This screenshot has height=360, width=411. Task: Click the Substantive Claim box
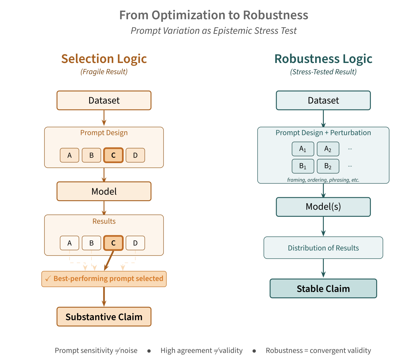coord(104,316)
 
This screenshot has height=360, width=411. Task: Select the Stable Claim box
coord(323,288)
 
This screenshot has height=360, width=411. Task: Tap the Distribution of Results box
coord(323,248)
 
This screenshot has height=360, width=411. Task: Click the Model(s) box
coord(323,207)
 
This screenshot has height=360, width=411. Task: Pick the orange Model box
coord(104,191)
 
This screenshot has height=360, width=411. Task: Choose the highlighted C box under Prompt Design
coord(113,155)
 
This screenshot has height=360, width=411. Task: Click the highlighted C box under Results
coord(113,243)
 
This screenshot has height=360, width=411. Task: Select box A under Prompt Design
coord(70,155)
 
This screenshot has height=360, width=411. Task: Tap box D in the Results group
coord(135,243)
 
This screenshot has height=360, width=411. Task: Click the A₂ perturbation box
coord(328,149)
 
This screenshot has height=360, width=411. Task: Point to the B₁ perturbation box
coord(303,166)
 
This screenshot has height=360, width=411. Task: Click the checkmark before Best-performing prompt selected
coord(48,279)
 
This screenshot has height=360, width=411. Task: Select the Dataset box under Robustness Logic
coord(323,100)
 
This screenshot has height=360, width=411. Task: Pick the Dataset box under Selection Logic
coord(104,100)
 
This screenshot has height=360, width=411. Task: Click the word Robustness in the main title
coord(275,15)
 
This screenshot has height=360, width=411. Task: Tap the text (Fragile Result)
coord(104,72)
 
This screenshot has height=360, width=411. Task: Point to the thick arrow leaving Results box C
coord(109,261)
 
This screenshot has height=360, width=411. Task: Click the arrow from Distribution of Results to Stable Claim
coord(323,268)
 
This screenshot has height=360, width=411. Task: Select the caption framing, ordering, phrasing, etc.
coord(323,180)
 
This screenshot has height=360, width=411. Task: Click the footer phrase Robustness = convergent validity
coord(318,350)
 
